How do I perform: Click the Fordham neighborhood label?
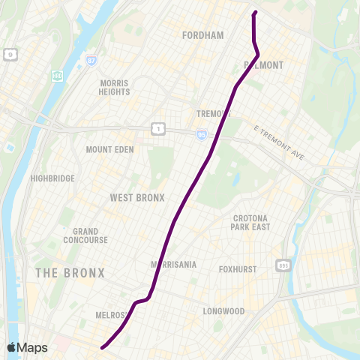[x=203, y=34]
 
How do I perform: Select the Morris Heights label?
[x=114, y=87]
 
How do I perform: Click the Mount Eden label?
[x=109, y=149]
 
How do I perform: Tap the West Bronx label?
[x=136, y=198]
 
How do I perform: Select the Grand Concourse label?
[x=90, y=235]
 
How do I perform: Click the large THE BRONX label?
[x=70, y=272]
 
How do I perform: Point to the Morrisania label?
[x=174, y=265]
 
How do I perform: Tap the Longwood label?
[x=223, y=310]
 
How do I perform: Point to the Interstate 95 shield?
[x=202, y=134]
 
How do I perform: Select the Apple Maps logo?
[x=27, y=347]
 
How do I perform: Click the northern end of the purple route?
[x=256, y=12]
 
